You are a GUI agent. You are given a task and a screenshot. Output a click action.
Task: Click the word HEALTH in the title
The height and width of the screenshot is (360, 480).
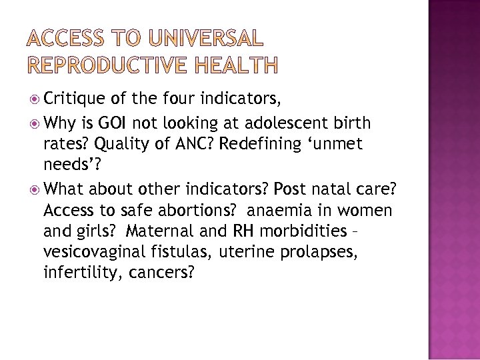[237, 64]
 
